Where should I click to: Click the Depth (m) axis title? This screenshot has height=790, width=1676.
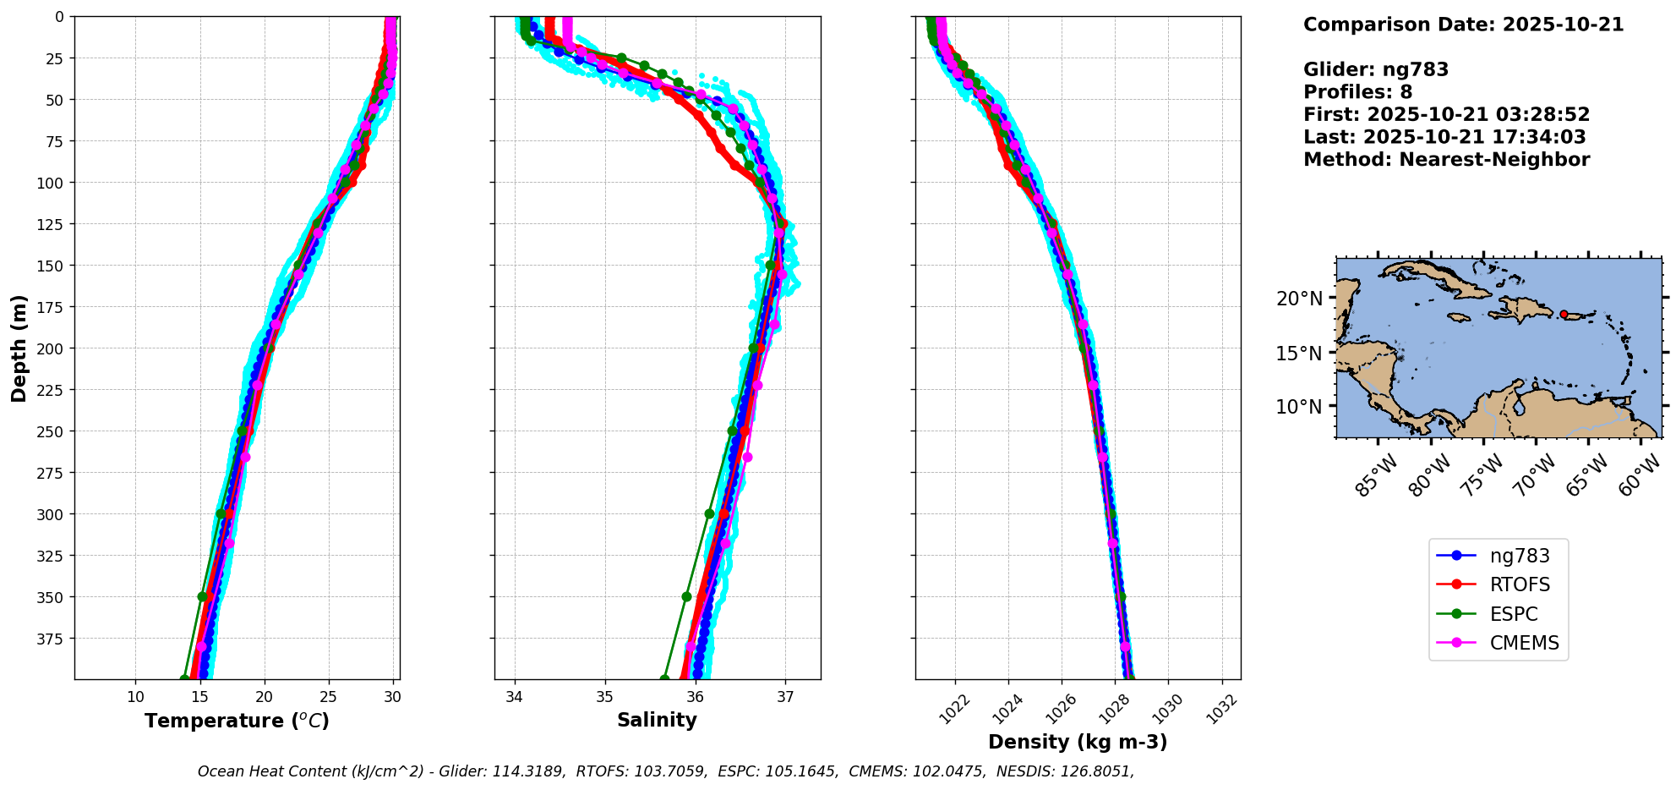[19, 348]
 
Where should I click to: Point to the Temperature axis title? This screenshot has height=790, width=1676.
[237, 721]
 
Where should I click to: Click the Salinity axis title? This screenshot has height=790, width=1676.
[657, 720]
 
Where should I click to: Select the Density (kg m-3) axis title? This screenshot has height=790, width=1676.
[1078, 742]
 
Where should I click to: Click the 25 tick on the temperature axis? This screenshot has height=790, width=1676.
[329, 697]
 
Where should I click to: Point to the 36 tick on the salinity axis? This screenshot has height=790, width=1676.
[695, 697]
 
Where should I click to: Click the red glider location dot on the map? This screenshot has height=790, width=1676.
[1564, 314]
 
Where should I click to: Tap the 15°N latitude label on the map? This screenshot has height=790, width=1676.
[1298, 353]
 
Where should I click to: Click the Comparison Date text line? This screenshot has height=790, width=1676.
[1463, 25]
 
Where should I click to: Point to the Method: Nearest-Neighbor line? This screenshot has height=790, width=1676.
[1446, 159]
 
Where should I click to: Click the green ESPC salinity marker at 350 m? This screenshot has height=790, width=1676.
[686, 596]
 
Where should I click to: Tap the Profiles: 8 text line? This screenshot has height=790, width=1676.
[1357, 92]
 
